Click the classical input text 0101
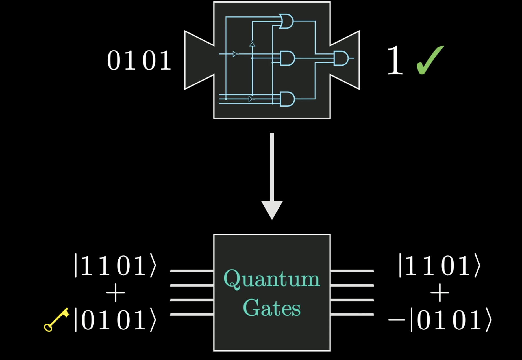[139, 60]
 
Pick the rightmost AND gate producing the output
[341, 58]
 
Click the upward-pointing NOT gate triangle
[252, 44]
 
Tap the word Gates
[272, 308]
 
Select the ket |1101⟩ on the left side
[115, 266]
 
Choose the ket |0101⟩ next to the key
[115, 320]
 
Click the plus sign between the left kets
[115, 293]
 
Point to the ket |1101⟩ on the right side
[440, 266]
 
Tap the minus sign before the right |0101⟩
[397, 320]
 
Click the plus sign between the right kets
[440, 293]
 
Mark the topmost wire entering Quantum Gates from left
[192, 271]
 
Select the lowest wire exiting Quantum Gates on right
[352, 314]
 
